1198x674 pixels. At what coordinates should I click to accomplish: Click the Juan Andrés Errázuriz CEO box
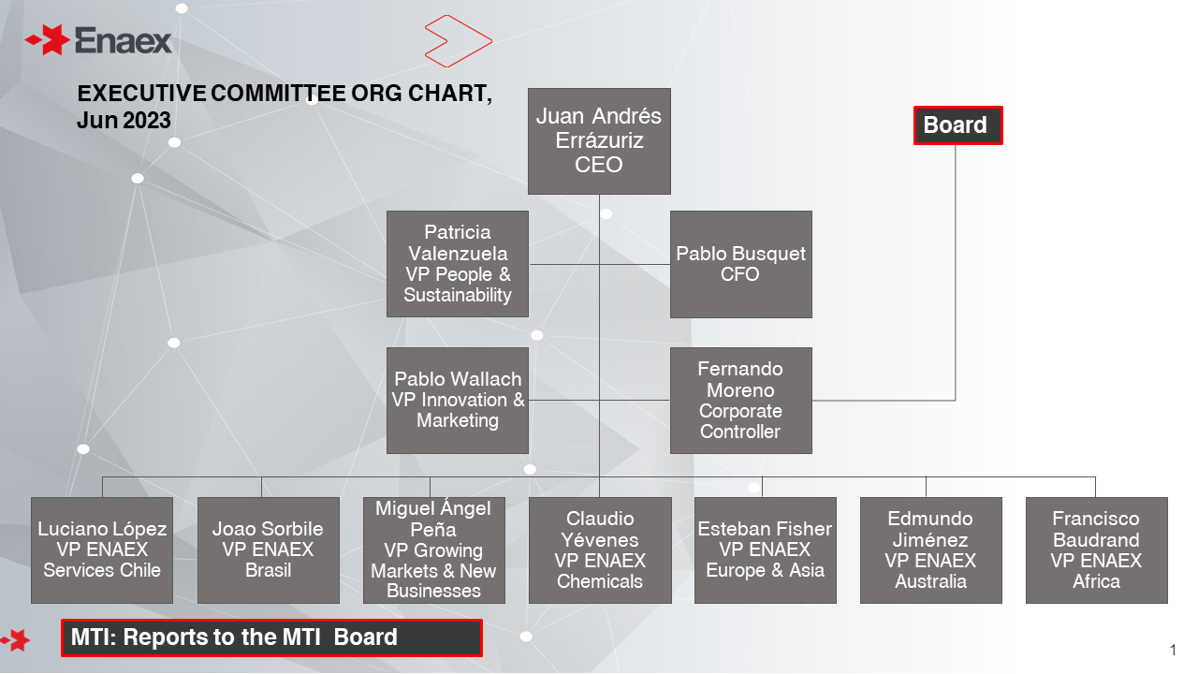pos(599,141)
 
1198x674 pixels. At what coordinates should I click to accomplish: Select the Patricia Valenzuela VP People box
pos(458,264)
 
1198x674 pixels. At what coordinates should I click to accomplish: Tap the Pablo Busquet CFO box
pos(740,264)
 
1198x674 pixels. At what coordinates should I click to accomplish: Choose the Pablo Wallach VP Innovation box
pos(458,401)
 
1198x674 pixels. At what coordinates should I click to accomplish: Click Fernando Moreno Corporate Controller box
pos(740,401)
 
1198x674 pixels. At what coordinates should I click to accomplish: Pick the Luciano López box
pos(102,550)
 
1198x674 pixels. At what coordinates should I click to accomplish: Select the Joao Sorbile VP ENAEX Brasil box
pos(268,550)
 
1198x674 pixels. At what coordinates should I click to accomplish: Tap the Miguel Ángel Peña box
pos(433,550)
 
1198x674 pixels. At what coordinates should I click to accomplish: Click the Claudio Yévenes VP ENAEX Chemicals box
pos(600,550)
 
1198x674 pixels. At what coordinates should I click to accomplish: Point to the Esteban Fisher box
pos(766,550)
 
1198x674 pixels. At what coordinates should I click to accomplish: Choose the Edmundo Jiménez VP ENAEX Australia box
pos(930,550)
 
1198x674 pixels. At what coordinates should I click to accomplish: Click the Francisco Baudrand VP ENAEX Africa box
pos(1096,550)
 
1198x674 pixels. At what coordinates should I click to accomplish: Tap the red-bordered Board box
pos(957,125)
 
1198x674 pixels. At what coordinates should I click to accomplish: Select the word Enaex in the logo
pos(123,40)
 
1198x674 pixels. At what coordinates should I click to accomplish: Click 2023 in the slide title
pos(147,121)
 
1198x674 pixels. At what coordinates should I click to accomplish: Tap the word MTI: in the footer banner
pos(94,637)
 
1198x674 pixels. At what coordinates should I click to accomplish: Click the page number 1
pos(1173,650)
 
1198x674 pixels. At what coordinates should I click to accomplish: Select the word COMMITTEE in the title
pos(278,93)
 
